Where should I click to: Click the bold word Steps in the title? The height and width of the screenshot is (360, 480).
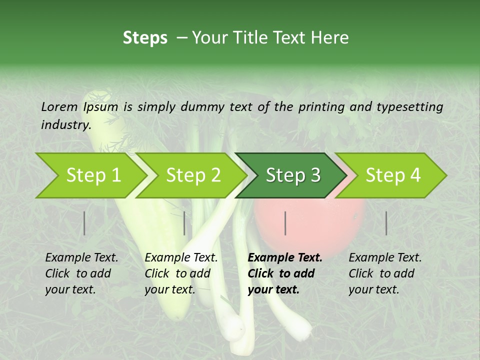pos(145,37)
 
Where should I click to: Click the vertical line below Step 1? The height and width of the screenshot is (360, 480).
pos(84,223)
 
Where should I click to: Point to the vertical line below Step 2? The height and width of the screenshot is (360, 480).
pos(184,223)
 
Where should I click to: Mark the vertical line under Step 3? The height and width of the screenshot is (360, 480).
pos(285,223)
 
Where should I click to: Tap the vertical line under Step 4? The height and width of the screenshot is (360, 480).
pos(386,223)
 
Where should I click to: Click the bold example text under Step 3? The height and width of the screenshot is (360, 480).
pos(285,273)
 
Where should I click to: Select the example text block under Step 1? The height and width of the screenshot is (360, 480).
pos(81,273)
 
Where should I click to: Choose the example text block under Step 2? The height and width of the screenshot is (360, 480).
pos(181,273)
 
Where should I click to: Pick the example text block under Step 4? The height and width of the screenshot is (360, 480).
pos(385,273)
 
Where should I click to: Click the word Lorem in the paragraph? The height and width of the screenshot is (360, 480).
pos(59,106)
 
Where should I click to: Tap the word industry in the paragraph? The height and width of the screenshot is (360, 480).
pos(65,125)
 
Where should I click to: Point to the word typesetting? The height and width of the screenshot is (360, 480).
pos(409,107)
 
